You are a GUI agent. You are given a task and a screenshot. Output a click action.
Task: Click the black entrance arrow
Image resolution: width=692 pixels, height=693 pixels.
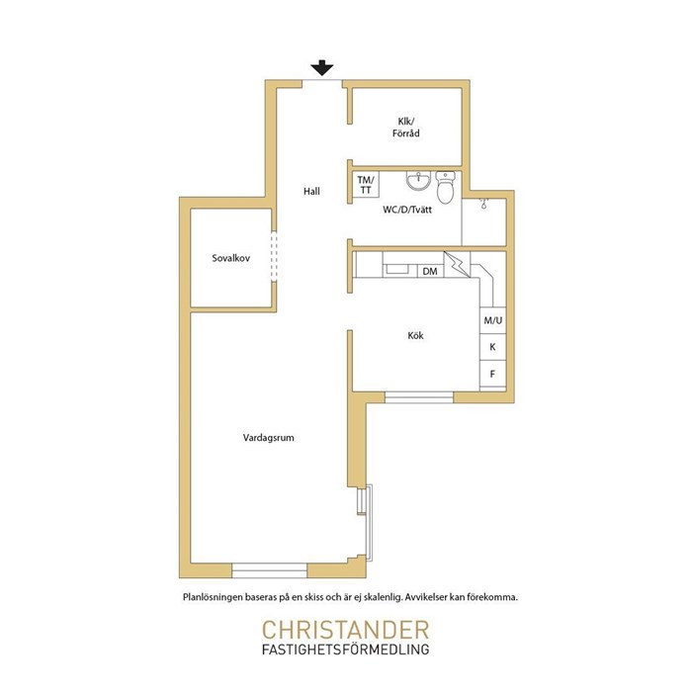coord(321,67)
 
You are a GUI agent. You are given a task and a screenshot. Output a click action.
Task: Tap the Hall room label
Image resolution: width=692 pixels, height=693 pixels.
coord(311,192)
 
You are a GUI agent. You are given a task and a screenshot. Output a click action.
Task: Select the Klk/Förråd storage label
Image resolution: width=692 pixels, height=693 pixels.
coord(406,128)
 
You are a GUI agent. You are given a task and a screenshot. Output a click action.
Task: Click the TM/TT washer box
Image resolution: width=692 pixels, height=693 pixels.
coord(366,185)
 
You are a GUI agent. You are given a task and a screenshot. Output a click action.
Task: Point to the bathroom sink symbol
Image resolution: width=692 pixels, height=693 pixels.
coord(417,181)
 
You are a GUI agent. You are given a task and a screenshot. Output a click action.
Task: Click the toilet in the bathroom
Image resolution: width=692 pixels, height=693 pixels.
coord(445,188)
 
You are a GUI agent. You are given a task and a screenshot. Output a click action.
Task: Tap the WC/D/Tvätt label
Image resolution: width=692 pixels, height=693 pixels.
coord(407,210)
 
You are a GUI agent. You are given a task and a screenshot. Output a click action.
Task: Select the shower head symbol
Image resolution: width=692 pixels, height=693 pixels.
coord(483,204)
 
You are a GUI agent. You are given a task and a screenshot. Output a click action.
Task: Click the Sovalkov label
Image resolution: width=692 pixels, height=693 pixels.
coord(230,258)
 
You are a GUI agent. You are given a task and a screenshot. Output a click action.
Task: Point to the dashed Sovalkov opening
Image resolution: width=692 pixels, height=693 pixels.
coord(274,256)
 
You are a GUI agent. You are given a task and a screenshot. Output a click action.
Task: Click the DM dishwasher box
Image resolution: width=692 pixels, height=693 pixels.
coord(430,271)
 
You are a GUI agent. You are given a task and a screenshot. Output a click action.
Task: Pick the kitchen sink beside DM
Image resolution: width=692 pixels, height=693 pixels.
coord(396,269)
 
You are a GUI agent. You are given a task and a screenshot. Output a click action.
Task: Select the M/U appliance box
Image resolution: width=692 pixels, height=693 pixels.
coord(492,320)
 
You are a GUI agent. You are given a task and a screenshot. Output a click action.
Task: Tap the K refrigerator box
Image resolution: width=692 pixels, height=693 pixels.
coord(492,347)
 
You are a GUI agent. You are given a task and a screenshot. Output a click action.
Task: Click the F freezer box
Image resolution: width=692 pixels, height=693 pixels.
coord(492,374)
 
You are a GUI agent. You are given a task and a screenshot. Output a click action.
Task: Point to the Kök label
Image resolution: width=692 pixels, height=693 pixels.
coord(415,335)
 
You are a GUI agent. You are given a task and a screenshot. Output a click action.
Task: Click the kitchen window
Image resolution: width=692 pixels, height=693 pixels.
coord(419,396)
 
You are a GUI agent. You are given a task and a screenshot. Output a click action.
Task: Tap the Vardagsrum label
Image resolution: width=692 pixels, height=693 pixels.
coord(268,438)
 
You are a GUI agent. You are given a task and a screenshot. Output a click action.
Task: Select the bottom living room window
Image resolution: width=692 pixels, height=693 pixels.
coord(270,570)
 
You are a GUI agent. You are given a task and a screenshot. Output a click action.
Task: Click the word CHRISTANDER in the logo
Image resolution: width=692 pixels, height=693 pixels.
coord(346,630)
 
